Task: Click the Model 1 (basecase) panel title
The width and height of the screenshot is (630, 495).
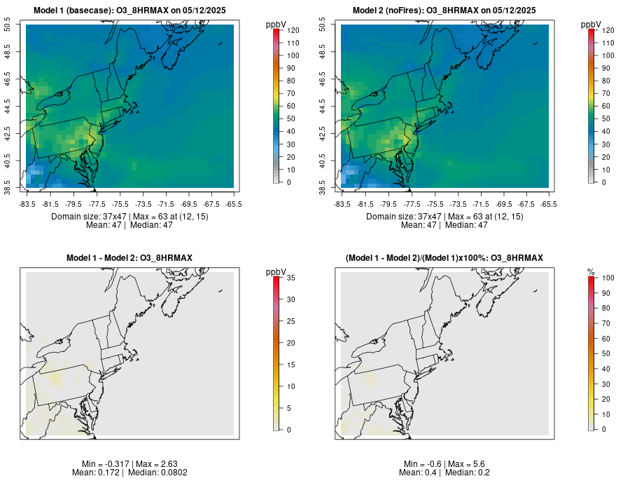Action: [129, 11]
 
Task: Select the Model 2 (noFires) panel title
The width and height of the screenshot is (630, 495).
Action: [444, 11]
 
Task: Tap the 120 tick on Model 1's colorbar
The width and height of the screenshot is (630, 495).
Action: [288, 30]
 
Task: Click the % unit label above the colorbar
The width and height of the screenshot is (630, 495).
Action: [591, 271]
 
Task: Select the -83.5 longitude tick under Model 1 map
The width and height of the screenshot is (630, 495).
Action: [27, 204]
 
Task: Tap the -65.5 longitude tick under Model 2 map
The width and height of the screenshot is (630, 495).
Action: [549, 204]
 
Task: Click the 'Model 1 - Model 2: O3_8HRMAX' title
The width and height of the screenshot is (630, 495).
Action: [129, 259]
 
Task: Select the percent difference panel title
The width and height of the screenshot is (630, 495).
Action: [444, 259]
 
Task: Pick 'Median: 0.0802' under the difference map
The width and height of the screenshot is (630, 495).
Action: [158, 473]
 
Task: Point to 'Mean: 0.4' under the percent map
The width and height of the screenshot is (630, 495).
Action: [419, 473]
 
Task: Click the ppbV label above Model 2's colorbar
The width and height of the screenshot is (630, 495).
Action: [591, 25]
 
